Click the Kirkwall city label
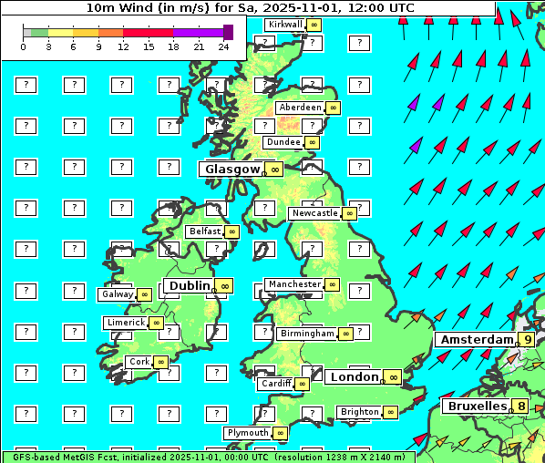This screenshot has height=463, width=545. tap(284, 25)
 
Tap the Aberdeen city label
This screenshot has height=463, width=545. tap(301, 108)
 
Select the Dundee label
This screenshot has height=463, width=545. tap(283, 142)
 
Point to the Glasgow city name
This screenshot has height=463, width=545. tap(232, 169)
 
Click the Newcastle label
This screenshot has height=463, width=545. tap(314, 213)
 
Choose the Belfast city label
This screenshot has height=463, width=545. tap(205, 231)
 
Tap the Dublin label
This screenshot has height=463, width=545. tap(188, 285)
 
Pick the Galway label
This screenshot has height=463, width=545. tap(117, 294)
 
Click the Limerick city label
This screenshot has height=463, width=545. tap(125, 323)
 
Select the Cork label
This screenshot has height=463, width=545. tap(139, 362)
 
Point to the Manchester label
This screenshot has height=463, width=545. tap(294, 284)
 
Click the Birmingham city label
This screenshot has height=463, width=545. tap(307, 334)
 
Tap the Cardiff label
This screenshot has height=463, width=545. tap(275, 384)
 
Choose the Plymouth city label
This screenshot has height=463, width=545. tap(248, 433)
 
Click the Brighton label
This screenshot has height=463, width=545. tap(359, 412)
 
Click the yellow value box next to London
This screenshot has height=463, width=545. tap(393, 377)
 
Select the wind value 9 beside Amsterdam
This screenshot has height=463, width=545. tap(527, 339)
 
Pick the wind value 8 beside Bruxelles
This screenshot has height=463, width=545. tap(520, 406)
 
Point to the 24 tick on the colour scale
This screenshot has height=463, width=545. tap(223, 46)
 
